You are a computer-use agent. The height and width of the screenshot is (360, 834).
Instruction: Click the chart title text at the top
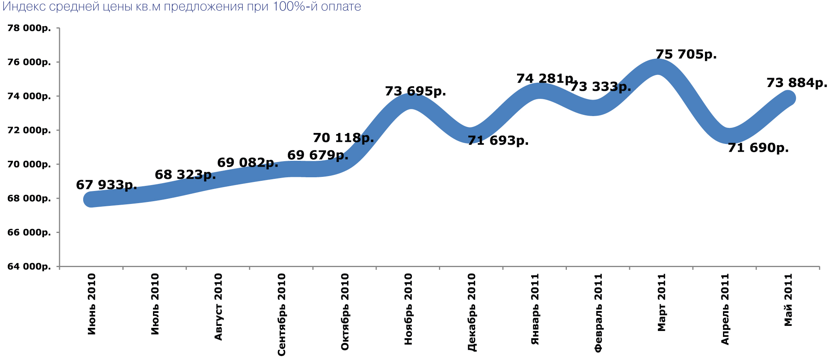pyautogui.click(x=182, y=7)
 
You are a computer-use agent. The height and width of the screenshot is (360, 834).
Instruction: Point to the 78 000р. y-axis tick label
pyautogui.click(x=29, y=28)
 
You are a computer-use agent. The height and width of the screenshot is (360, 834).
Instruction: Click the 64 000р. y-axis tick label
pyautogui.click(x=29, y=267)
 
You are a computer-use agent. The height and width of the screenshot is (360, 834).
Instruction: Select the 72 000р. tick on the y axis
pyautogui.click(x=29, y=130)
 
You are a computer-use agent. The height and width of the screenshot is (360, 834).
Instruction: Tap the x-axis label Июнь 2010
pyautogui.click(x=91, y=304)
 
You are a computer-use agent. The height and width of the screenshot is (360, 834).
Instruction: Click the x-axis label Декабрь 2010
pyautogui.click(x=472, y=312)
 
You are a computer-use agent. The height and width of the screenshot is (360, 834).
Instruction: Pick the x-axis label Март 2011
pyautogui.click(x=662, y=302)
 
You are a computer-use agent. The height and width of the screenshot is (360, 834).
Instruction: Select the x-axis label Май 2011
pyautogui.click(x=788, y=300)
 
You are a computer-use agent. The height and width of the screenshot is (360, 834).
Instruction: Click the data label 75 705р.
pyautogui.click(x=686, y=54)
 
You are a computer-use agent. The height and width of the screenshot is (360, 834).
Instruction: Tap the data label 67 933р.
pyautogui.click(x=106, y=185)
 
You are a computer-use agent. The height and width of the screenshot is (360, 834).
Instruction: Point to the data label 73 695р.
pyautogui.click(x=415, y=91)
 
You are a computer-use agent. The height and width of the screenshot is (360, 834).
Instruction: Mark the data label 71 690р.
pyautogui.click(x=758, y=148)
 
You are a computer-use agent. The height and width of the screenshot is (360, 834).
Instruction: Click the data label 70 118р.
pyautogui.click(x=343, y=138)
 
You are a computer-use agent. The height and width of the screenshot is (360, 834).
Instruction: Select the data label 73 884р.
pyautogui.click(x=797, y=83)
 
